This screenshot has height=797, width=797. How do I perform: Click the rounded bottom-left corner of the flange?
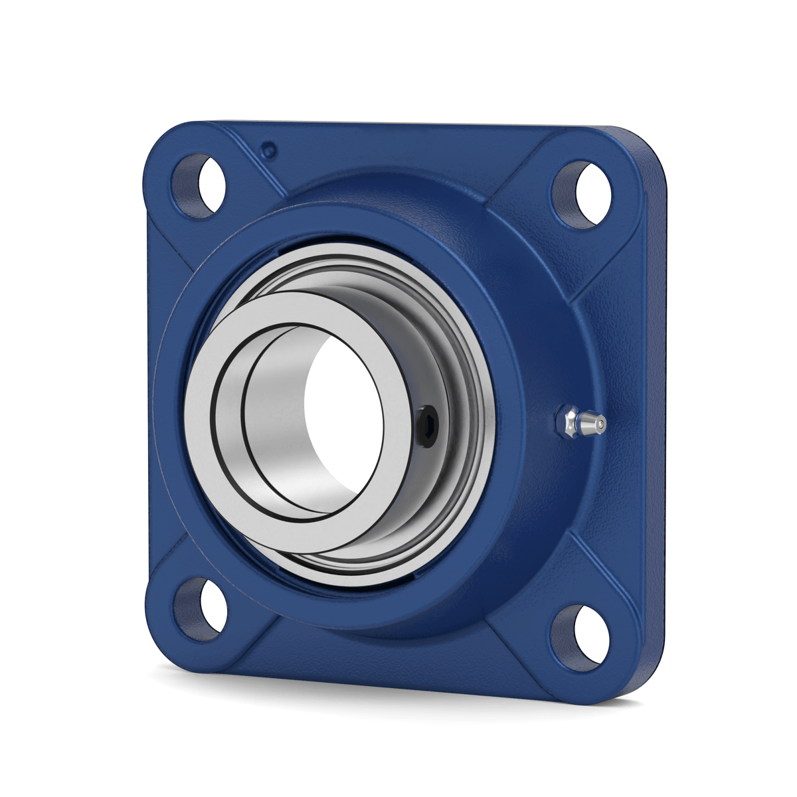[x=159, y=638]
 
